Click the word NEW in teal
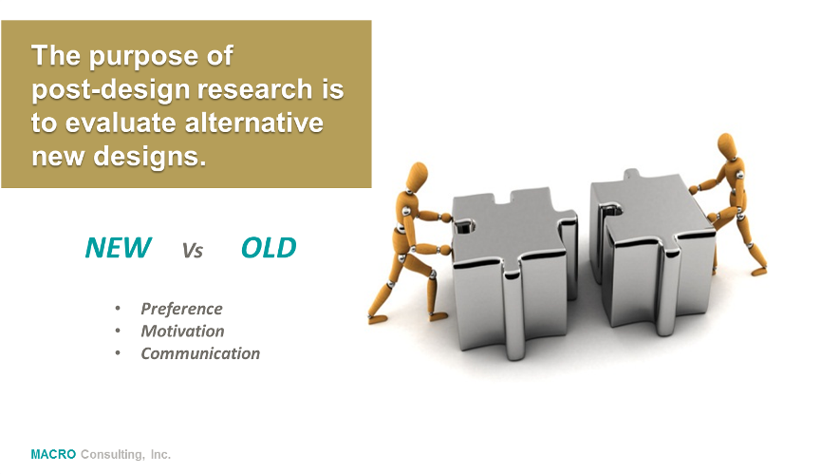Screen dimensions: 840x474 [119, 248]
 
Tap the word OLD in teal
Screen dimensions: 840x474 [269, 248]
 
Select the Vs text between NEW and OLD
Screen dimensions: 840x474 [193, 251]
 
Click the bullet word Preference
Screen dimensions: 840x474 [181, 309]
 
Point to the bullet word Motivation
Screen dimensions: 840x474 [182, 331]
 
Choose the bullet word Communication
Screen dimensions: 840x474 [200, 353]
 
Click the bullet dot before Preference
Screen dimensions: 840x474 [118, 309]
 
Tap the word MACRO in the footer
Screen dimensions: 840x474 [53, 454]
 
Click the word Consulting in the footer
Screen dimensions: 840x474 [111, 455]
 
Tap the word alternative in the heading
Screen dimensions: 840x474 [254, 123]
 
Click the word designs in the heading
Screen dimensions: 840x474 [149, 157]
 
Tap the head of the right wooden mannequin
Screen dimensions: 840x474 [726, 144]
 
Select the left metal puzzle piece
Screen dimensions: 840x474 [514, 268]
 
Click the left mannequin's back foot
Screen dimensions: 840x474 [378, 318]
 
